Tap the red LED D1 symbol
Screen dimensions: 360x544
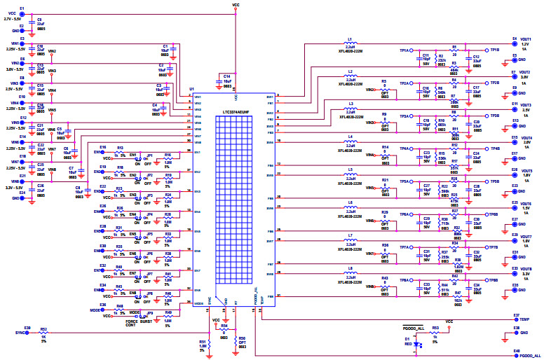click(x=418, y=344)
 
